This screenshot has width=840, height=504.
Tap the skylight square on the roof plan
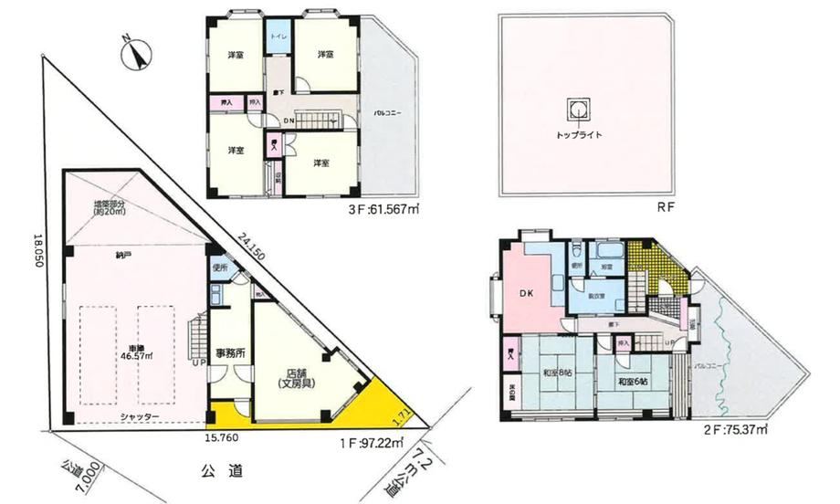point(579,110)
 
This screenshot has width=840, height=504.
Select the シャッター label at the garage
point(138,417)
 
